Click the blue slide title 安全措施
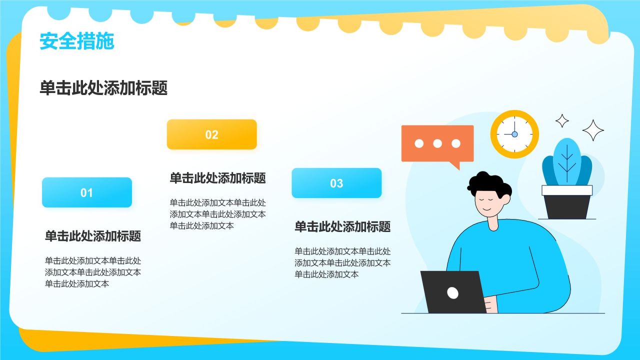(77, 41)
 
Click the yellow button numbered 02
(211, 134)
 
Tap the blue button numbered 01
(87, 192)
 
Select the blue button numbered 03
(336, 183)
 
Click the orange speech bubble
(437, 144)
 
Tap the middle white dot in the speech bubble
(437, 143)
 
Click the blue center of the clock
(514, 134)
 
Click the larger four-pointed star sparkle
(593, 130)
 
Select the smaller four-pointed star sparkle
(562, 121)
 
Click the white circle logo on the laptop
(452, 293)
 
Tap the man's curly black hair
(488, 183)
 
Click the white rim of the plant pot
(567, 190)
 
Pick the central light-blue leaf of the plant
(567, 161)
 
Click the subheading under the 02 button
(217, 178)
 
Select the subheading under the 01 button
(93, 236)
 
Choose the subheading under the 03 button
(342, 226)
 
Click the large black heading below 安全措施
(103, 87)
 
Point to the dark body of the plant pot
(567, 207)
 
